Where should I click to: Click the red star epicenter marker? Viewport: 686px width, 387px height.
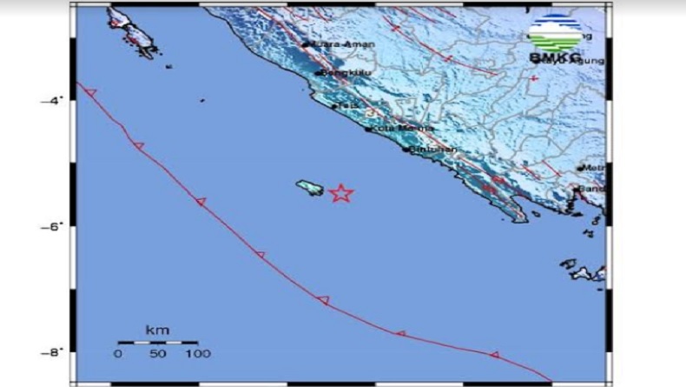[x=341, y=193]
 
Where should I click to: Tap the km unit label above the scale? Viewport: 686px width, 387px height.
[x=157, y=330]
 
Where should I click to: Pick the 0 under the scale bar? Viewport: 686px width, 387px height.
[x=118, y=354]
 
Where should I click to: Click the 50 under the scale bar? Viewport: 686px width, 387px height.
[x=157, y=354]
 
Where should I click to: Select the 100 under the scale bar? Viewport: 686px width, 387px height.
[x=198, y=354]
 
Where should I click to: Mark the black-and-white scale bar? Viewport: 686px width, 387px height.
[x=157, y=343]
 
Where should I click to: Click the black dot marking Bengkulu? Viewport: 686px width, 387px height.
[x=319, y=73]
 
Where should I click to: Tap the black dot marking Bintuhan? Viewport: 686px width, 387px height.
[x=405, y=150]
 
